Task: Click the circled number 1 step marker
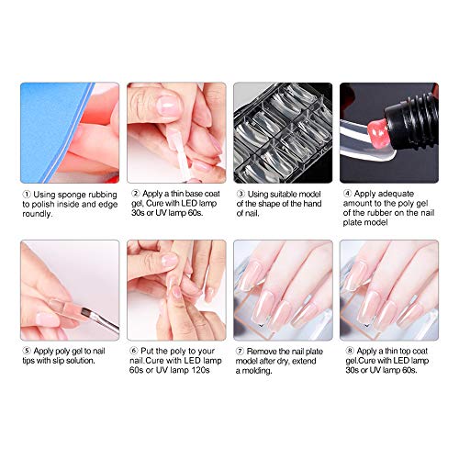27,195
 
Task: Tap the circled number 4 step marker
347,194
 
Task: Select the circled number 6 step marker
133,351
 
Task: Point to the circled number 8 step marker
350,351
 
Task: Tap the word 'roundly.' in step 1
38,214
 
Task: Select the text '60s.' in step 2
196,213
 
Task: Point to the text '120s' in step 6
200,370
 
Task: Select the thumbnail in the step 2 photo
168,106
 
